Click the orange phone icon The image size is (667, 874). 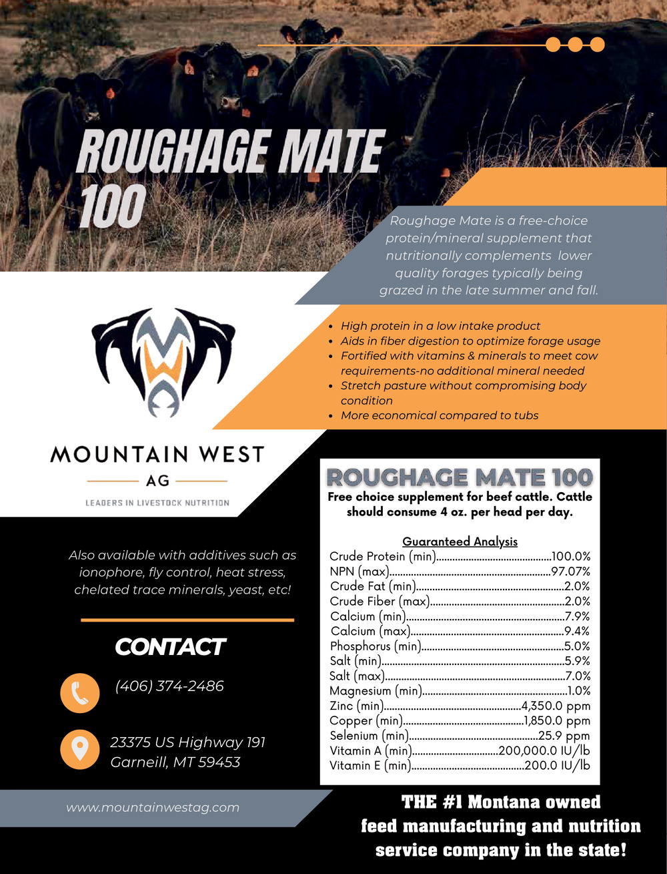point(79,693)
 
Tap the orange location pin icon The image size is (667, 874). point(79,748)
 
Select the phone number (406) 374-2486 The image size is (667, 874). point(169,686)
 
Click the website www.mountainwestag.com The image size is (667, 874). point(153,807)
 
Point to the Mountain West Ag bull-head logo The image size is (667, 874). point(163,361)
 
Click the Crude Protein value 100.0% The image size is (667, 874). point(571,556)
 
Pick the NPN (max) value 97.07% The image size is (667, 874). point(570,572)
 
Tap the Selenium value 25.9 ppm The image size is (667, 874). point(564,736)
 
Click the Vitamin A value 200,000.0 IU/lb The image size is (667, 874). point(544,751)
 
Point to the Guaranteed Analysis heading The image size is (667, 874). point(460,541)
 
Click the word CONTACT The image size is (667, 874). point(170,647)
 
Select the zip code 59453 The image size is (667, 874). point(219,762)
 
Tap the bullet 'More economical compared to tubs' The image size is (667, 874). point(440,415)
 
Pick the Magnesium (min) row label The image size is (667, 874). point(376,691)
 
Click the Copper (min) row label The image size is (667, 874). point(366,721)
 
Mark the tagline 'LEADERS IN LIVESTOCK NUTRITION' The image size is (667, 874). point(157,503)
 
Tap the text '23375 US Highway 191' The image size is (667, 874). point(187,742)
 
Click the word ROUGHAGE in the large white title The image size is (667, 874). point(175,152)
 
